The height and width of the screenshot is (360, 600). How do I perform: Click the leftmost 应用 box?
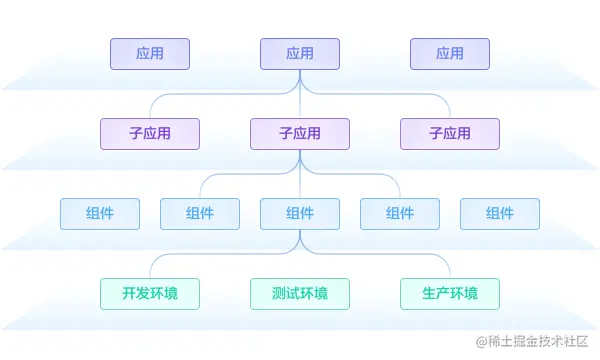coord(150,54)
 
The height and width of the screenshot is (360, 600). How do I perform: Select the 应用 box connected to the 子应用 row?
coord(300,54)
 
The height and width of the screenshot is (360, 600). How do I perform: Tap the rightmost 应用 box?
coord(450,54)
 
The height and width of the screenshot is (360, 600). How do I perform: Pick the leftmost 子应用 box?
coord(150,134)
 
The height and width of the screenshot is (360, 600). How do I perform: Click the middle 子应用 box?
coord(300,134)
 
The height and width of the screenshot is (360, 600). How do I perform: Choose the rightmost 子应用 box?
coord(450,134)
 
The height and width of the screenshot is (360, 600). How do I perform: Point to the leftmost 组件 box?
coord(100,214)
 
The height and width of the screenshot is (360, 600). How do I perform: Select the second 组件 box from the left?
coord(200,214)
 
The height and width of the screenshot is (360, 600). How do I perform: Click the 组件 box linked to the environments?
coord(300,214)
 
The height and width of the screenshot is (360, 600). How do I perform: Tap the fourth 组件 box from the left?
coord(400,214)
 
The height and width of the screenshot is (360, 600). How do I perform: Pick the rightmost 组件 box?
coord(500,214)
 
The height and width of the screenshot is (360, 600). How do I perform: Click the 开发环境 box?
coord(150,294)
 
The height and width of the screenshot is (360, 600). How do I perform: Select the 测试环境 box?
coord(300,294)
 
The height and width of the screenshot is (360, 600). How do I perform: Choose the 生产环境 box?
coord(450,294)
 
